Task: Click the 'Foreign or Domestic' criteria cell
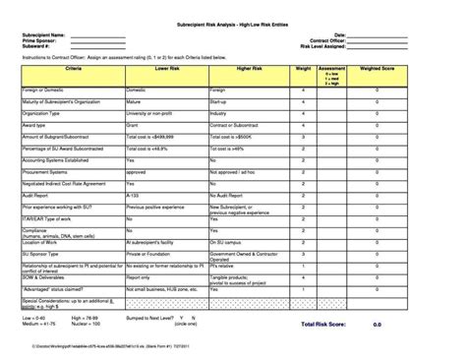(x=43, y=90)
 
